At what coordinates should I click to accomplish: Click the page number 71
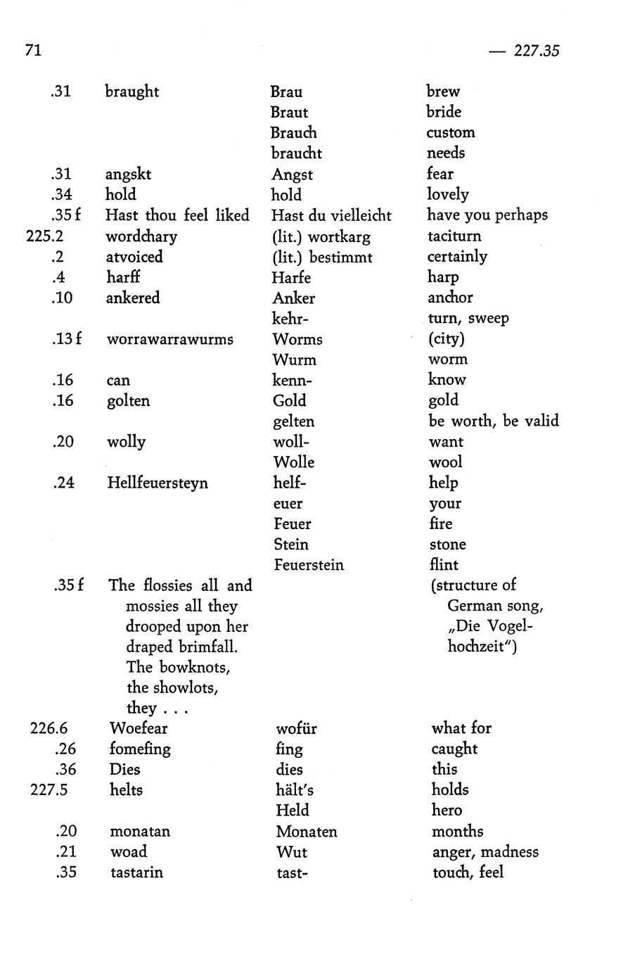click(33, 51)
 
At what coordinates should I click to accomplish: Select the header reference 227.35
click(536, 51)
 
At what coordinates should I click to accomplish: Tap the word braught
click(132, 92)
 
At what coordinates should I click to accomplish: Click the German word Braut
click(289, 113)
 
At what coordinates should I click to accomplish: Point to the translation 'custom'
click(450, 133)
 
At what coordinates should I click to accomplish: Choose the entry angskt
click(128, 174)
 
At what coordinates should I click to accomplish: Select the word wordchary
click(141, 236)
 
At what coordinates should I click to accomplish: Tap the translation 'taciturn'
click(454, 236)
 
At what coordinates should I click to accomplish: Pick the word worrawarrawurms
click(169, 339)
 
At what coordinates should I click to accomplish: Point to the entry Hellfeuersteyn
click(158, 483)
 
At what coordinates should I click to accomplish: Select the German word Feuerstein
click(309, 565)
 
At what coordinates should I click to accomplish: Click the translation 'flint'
click(444, 565)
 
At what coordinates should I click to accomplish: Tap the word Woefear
click(139, 728)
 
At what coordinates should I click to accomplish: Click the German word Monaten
click(307, 832)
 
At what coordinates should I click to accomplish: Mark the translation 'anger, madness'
click(485, 852)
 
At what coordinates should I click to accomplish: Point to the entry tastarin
click(136, 872)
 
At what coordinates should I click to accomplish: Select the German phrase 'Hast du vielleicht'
click(331, 216)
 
